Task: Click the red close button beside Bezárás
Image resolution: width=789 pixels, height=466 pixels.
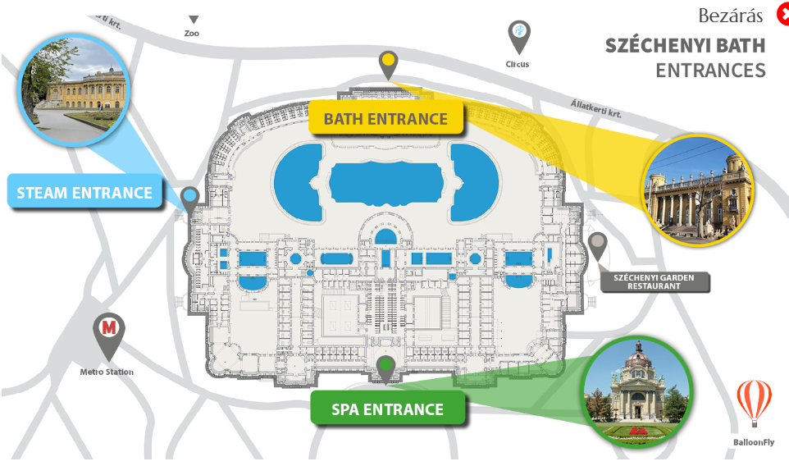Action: click(782, 16)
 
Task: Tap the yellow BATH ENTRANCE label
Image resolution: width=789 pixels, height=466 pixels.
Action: click(385, 119)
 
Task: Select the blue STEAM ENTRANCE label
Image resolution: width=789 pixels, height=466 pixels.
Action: click(84, 194)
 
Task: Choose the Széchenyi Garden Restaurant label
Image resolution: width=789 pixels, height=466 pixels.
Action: click(654, 282)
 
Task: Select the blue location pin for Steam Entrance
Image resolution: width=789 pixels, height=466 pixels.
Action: click(191, 198)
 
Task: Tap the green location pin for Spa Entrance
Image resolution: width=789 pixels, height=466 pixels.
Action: click(385, 367)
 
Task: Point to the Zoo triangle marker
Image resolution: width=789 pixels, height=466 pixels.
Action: click(194, 20)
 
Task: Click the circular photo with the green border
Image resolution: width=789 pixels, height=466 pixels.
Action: click(636, 391)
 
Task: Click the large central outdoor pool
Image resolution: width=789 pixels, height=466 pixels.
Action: click(385, 181)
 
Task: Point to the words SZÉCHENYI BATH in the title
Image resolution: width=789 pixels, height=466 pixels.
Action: click(685, 45)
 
